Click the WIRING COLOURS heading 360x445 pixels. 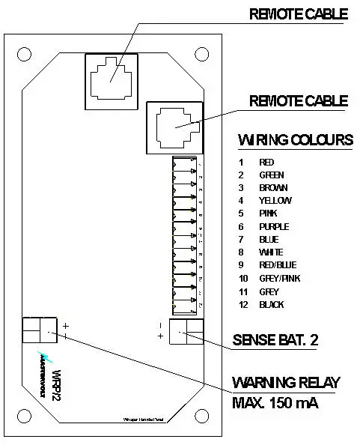[295, 140]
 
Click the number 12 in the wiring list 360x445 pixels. [241, 305]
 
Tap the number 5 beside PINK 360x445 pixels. [241, 214]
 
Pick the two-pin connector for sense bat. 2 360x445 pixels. [186, 330]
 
